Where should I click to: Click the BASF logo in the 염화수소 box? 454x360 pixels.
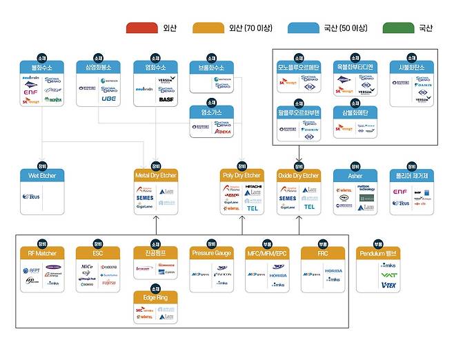tap(166, 100)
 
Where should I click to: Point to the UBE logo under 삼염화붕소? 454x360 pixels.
tap(109, 99)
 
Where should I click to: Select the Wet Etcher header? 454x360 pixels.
tap(42, 176)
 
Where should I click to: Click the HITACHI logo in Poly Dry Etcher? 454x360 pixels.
tap(253, 187)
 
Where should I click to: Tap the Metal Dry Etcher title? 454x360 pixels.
tap(156, 176)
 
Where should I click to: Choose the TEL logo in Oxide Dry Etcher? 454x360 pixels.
tap(309, 206)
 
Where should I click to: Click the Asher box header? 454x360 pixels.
tap(355, 176)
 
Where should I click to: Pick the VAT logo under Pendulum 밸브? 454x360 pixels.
tap(388, 274)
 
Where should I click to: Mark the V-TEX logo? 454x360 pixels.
tap(388, 285)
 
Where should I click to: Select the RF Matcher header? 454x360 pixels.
tap(42, 253)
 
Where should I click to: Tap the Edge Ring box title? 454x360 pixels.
tap(156, 299)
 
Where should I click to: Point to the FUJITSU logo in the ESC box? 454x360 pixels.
tap(108, 283)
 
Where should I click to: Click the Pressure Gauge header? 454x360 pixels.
tap(212, 253)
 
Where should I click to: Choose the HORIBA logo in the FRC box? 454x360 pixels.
tap(333, 271)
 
